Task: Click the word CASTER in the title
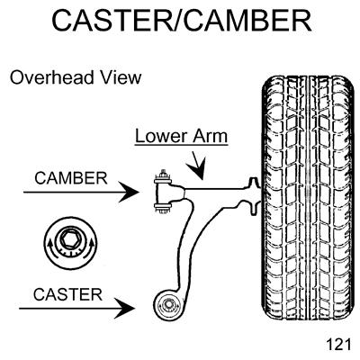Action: click(112, 21)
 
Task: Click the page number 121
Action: click(338, 344)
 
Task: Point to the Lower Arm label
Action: click(181, 136)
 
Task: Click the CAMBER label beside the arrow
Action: click(71, 178)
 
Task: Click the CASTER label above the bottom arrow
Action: click(67, 294)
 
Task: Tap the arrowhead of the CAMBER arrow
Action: click(130, 192)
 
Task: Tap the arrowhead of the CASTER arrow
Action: click(125, 308)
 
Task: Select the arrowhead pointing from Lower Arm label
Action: click(196, 169)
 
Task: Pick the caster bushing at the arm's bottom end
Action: click(167, 305)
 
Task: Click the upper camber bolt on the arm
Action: click(163, 179)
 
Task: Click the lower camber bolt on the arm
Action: click(163, 208)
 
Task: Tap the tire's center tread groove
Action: click(308, 198)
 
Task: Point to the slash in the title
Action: click(178, 21)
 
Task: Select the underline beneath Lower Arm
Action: click(181, 146)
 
